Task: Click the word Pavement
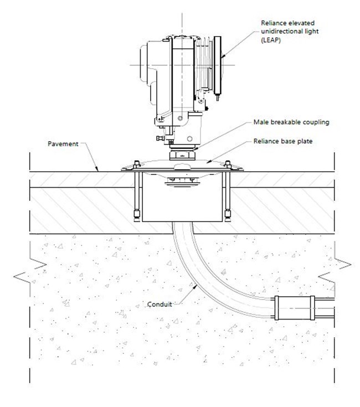[63, 144]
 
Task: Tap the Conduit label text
[160, 304]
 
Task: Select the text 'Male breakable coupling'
[291, 122]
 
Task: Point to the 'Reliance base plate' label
[283, 141]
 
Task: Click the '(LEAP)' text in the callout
[271, 40]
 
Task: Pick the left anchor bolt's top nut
[137, 164]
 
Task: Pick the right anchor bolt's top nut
[228, 164]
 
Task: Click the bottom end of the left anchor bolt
[137, 220]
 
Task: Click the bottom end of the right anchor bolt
[228, 220]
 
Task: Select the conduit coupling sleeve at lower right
[295, 308]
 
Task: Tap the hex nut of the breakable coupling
[182, 156]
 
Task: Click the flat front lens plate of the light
[218, 65]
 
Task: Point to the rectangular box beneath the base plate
[182, 197]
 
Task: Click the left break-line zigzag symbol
[30, 270]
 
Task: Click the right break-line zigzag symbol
[335, 270]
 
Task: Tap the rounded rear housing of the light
[148, 65]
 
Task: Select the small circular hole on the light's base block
[190, 138]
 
